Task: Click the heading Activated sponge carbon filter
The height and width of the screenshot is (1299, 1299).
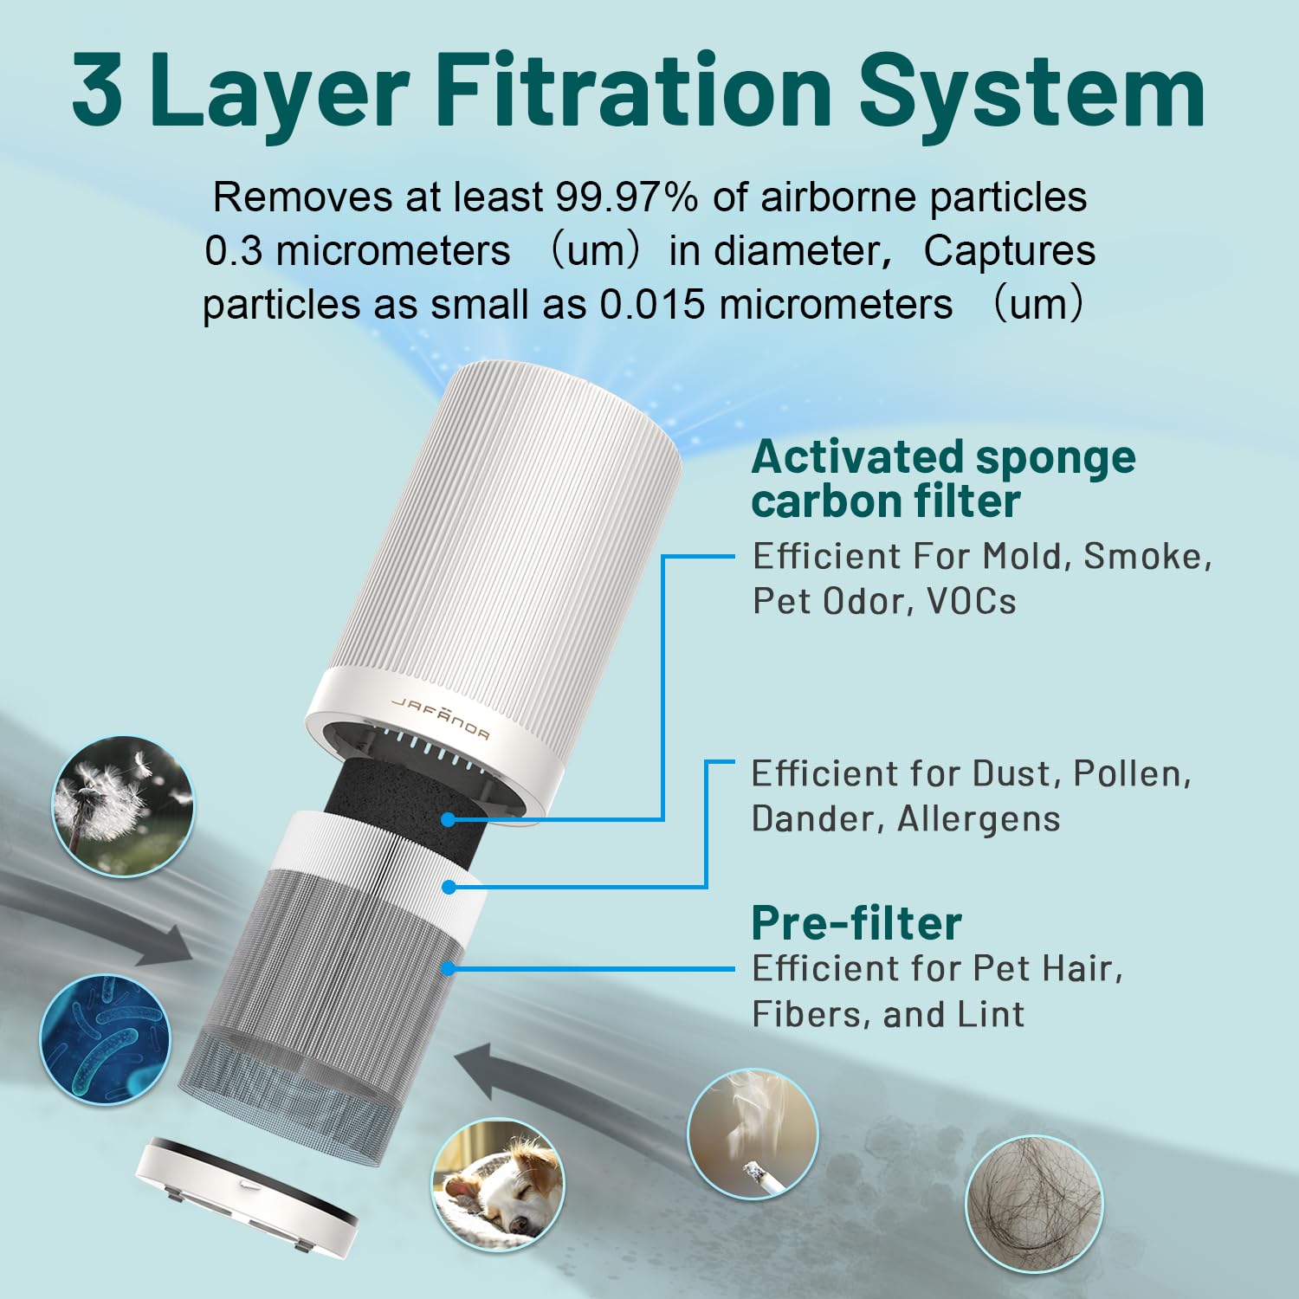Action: pyautogui.click(x=942, y=479)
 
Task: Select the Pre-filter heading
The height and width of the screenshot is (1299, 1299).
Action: pyautogui.click(x=856, y=923)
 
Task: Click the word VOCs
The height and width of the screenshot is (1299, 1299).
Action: pyautogui.click(x=971, y=602)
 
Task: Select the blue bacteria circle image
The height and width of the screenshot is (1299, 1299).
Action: pyautogui.click(x=106, y=1039)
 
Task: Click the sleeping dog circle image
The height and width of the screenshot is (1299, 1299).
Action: pyautogui.click(x=497, y=1184)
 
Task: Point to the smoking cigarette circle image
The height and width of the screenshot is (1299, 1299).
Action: pyautogui.click(x=753, y=1134)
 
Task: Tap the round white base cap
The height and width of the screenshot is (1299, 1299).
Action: pyautogui.click(x=246, y=1195)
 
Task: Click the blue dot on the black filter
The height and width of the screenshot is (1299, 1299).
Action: pyautogui.click(x=448, y=819)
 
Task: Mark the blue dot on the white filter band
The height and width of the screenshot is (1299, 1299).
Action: pyautogui.click(x=449, y=887)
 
